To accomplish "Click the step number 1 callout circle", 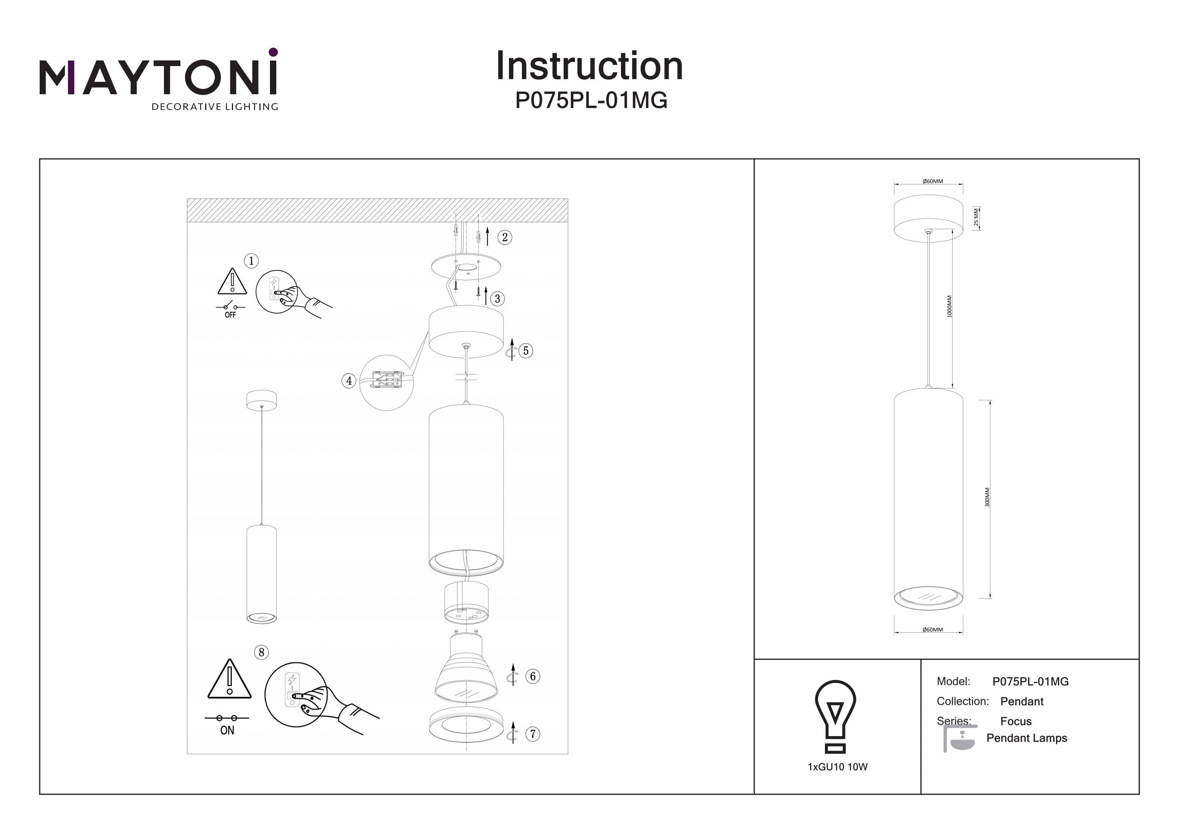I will click(251, 261).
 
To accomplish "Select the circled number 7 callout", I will click(533, 734).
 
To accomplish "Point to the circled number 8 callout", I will click(261, 653).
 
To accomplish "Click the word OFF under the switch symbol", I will click(230, 315).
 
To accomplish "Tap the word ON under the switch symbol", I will click(227, 730).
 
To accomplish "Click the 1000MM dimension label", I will click(949, 306).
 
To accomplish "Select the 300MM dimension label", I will click(987, 497).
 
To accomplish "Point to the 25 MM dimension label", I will click(976, 217).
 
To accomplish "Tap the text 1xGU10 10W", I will click(837, 767).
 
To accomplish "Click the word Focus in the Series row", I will click(1016, 722).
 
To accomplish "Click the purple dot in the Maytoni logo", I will click(273, 52).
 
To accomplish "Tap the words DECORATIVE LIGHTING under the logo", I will click(215, 107).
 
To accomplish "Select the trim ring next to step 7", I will click(466, 725).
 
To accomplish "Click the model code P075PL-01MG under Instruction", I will click(591, 101).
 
